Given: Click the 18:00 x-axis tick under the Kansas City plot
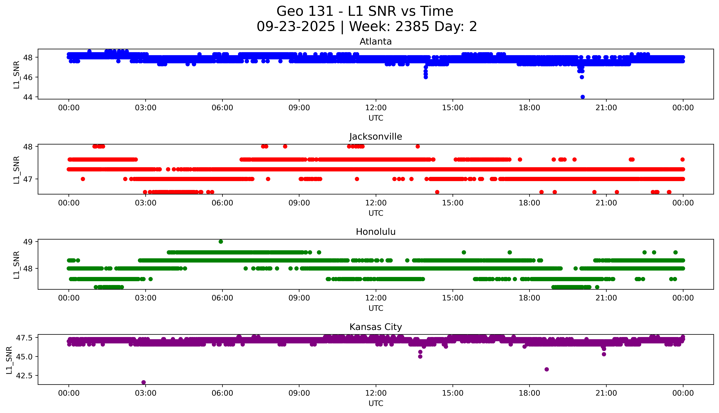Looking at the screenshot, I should (530, 393).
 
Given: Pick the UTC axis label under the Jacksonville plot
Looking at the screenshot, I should (376, 213).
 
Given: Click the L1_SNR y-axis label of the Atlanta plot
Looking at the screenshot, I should (16, 75).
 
